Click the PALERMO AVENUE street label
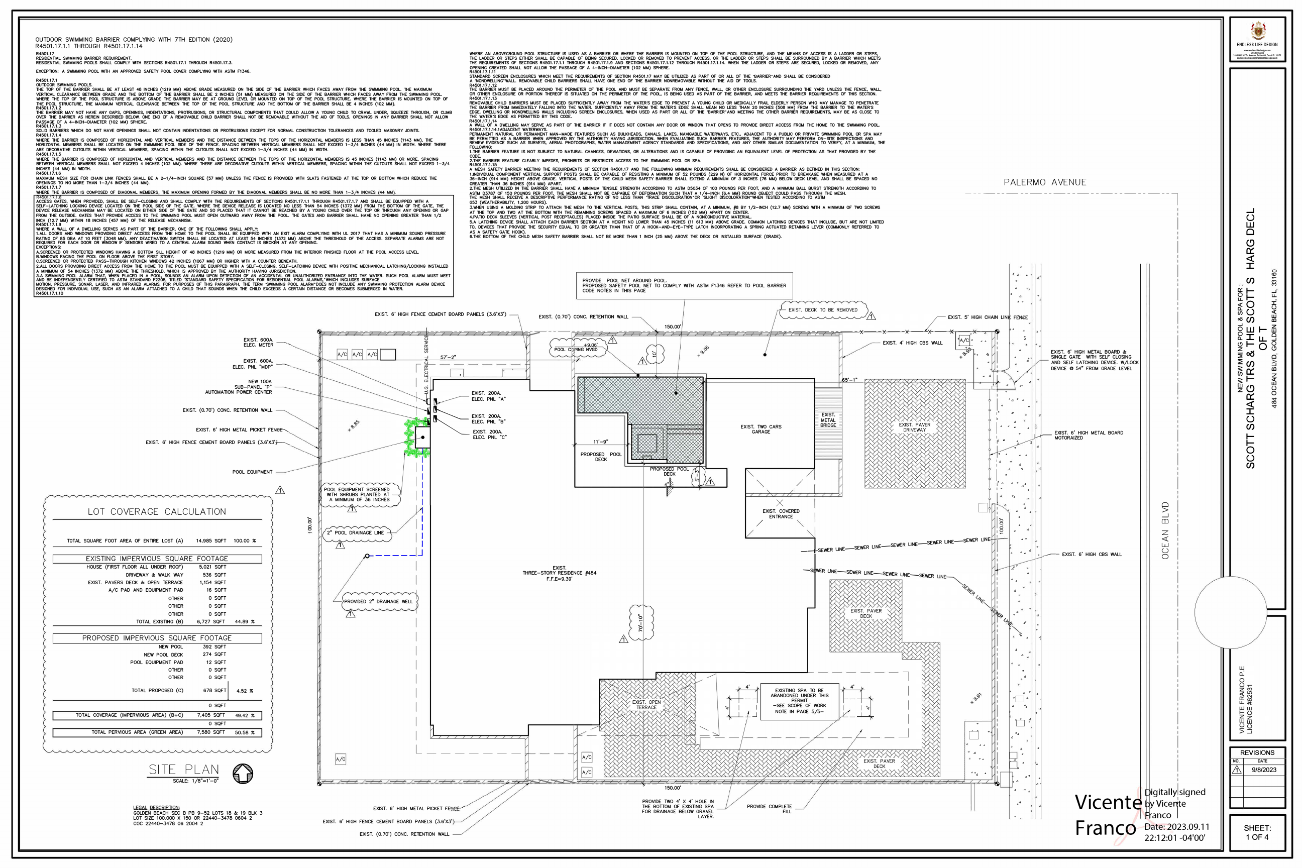click(1045, 182)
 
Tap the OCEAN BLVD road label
click(1165, 530)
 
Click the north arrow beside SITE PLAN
click(243, 774)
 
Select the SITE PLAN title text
click(183, 770)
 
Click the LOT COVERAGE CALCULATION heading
click(157, 511)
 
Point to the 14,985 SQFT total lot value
click(211, 541)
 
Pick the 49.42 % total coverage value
click(245, 715)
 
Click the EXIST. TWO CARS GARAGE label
click(761, 429)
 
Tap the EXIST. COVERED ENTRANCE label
click(781, 514)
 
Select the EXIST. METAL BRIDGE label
click(828, 419)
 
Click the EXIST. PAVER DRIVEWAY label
click(915, 427)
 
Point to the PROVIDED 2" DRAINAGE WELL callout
click(378, 601)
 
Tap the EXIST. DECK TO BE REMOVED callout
click(823, 310)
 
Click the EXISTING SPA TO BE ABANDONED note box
click(799, 701)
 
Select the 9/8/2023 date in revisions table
click(1264, 770)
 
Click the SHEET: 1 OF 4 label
click(1257, 832)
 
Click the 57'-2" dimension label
click(448, 358)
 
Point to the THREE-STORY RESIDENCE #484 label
click(559, 573)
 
